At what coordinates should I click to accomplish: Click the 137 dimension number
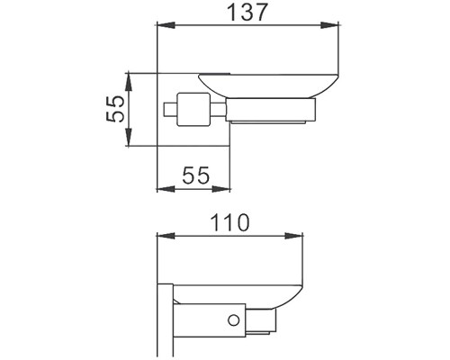tap(247, 13)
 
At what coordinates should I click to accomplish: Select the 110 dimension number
tap(230, 223)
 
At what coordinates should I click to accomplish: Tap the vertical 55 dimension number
tap(115, 109)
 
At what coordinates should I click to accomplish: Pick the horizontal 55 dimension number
tap(195, 175)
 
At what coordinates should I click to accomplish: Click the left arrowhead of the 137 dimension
tap(166, 25)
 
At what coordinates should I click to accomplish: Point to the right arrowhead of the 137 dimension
tap(330, 25)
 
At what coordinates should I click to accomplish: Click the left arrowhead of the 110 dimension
tap(166, 236)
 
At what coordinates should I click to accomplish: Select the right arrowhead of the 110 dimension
tap(293, 236)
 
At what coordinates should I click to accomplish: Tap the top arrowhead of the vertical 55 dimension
tap(129, 81)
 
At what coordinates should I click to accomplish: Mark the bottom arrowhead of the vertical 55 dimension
tap(129, 137)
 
